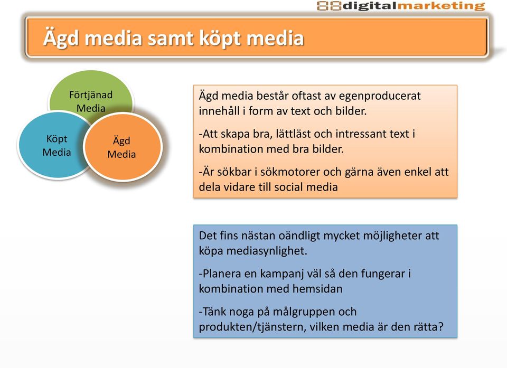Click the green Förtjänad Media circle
pyautogui.click(x=90, y=90)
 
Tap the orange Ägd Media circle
pyautogui.click(x=123, y=147)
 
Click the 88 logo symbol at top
pyautogui.click(x=329, y=6)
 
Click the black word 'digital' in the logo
pyautogui.click(x=370, y=6)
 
